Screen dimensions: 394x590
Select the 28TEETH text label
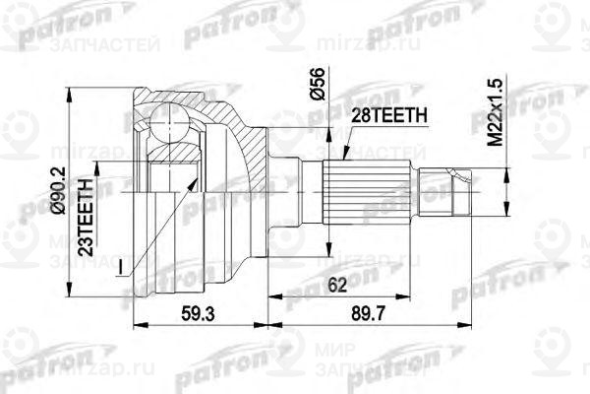389,115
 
